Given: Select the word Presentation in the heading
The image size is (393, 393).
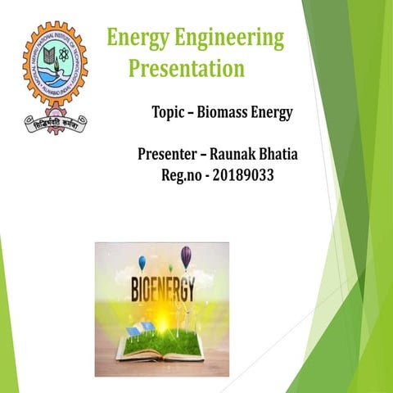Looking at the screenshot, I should click(187, 67).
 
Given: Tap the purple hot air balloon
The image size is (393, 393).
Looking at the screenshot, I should click(186, 257).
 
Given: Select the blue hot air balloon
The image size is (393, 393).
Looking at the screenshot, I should click(142, 262).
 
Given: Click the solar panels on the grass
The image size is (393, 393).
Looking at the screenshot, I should click(140, 328).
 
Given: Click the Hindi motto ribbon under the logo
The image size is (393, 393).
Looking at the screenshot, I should click(55, 123).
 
